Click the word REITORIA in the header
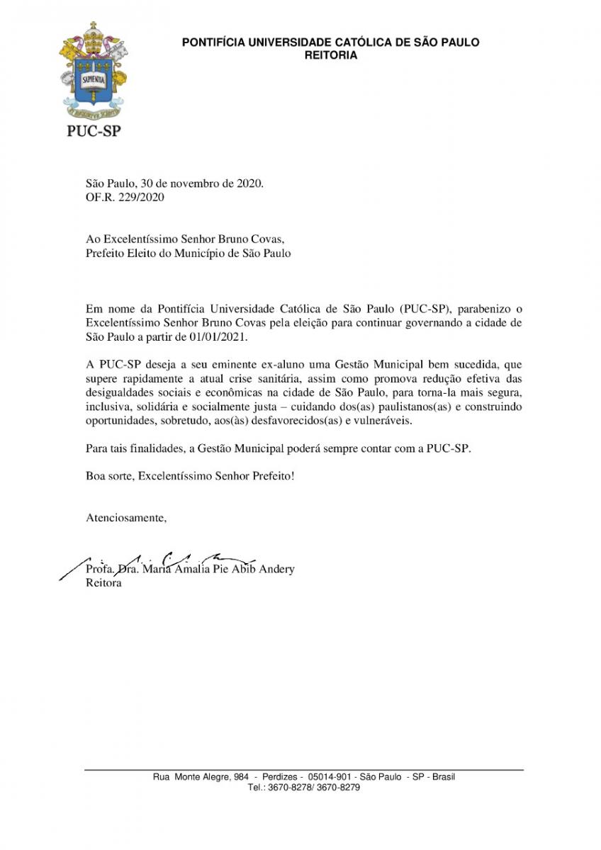330,55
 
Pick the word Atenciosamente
126,518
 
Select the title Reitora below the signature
103,583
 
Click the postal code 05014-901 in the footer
331,776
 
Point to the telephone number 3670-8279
342,787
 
